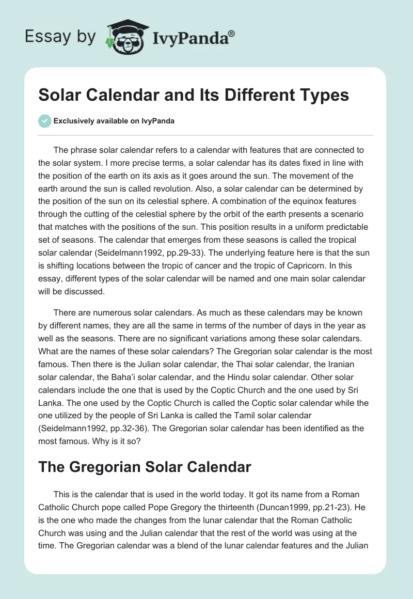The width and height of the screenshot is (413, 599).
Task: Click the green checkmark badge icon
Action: pyautogui.click(x=44, y=121)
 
